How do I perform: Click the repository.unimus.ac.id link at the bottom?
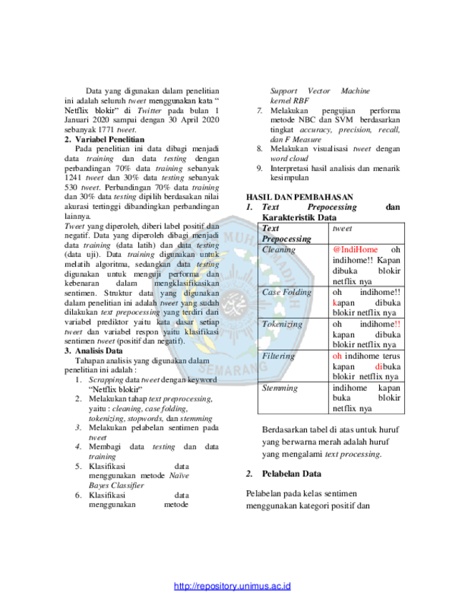(x=232, y=586)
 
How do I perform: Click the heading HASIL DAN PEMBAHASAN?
(x=300, y=197)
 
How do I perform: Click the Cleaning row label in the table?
(x=278, y=250)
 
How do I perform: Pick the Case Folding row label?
(x=287, y=292)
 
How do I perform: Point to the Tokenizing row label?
(x=282, y=324)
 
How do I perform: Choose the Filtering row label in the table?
(x=278, y=356)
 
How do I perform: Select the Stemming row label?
(x=280, y=388)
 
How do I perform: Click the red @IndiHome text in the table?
(x=356, y=250)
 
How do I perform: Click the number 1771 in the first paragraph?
(x=107, y=130)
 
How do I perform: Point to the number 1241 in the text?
(x=73, y=178)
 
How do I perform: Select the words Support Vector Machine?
(x=320, y=91)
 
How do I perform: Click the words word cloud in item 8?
(x=289, y=159)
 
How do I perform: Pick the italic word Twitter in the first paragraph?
(x=150, y=110)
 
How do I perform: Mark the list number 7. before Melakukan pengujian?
(x=260, y=110)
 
